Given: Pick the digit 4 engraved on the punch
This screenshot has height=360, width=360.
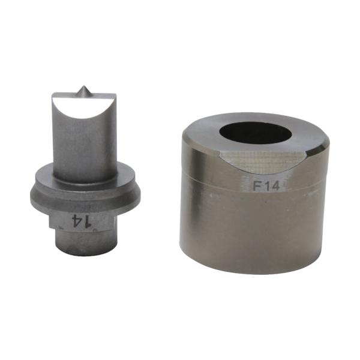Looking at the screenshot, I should tap(77, 221).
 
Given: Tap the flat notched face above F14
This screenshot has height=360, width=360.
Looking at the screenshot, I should tap(265, 161).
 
